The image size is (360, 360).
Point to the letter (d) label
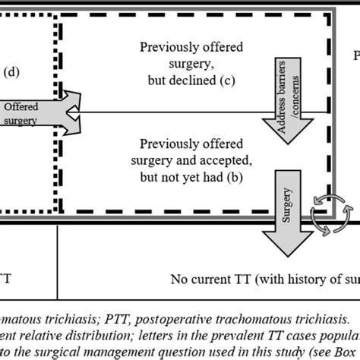pyautogui.click(x=13, y=73)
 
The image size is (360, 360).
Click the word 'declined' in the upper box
pyautogui.click(x=206, y=81)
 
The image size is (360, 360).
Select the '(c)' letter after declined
pyautogui.click(x=237, y=81)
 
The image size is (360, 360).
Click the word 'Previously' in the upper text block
pyautogui.click(x=169, y=47)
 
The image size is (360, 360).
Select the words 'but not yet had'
pyautogui.click(x=198, y=176)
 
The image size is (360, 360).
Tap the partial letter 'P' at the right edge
pyautogui.click(x=355, y=56)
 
